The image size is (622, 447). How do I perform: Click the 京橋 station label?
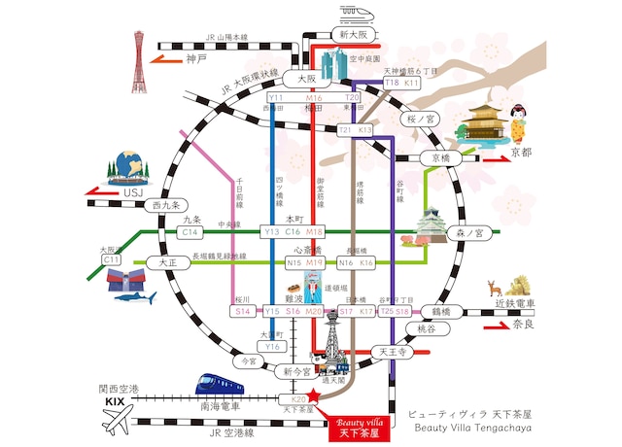(441, 156)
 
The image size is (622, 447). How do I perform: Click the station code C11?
(112, 260)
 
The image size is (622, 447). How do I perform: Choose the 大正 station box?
(153, 262)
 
